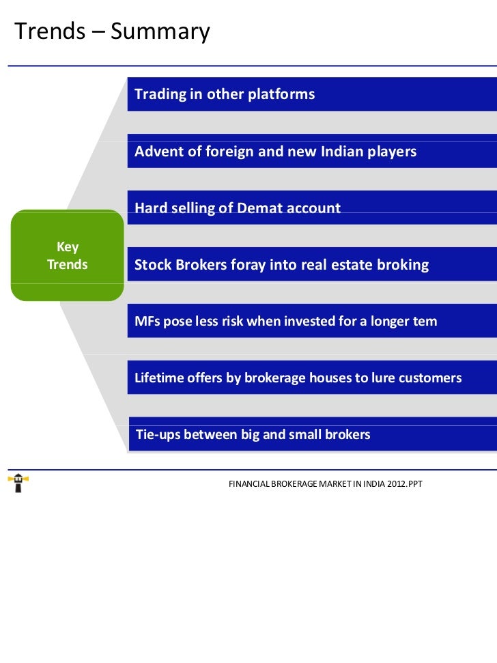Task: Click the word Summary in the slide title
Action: click(160, 31)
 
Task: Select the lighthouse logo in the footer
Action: click(18, 483)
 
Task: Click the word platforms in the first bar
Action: click(281, 94)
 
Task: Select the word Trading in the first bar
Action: click(160, 94)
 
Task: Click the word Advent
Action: click(158, 151)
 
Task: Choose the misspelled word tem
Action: click(425, 321)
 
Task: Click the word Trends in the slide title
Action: click(48, 31)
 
